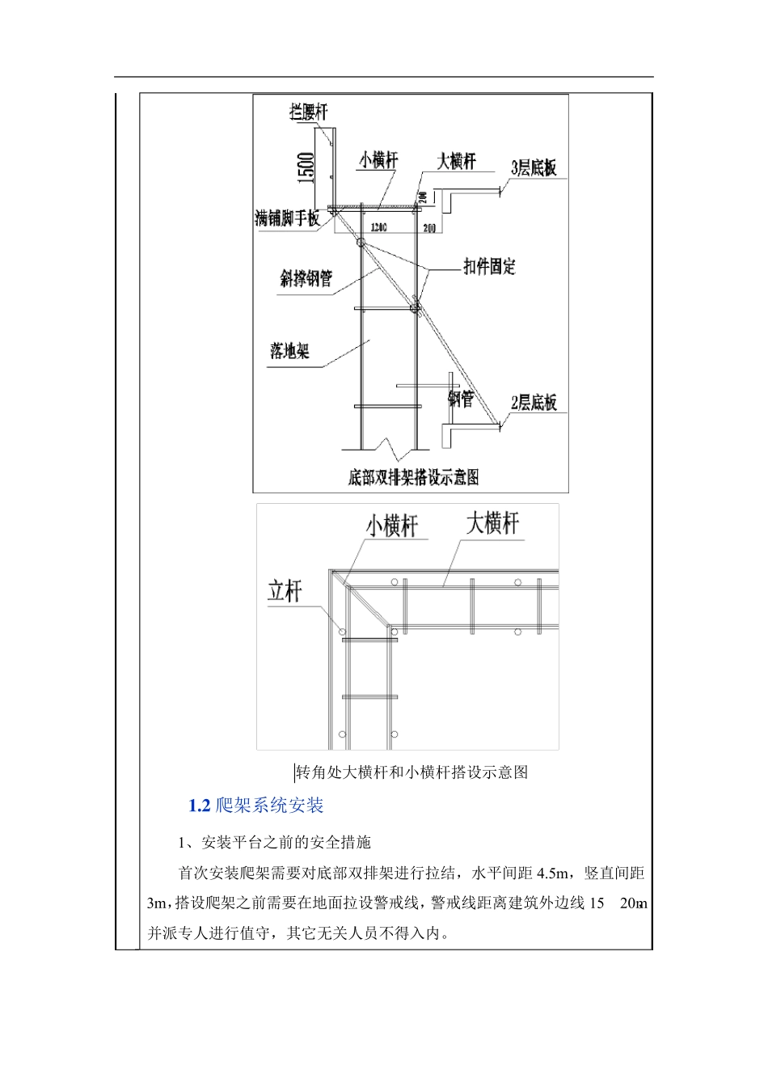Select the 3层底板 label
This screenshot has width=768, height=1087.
[534, 168]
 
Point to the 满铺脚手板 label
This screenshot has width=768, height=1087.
[287, 218]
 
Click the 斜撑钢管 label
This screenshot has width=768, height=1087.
[306, 280]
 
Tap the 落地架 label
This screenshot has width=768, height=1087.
[289, 351]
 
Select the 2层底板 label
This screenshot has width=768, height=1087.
[534, 402]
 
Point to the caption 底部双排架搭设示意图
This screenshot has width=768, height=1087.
[413, 477]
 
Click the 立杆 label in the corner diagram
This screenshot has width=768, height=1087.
[285, 591]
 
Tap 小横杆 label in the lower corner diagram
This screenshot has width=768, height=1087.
[392, 527]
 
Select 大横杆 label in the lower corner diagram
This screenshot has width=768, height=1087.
[492, 523]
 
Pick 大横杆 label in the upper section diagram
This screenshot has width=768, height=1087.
[457, 161]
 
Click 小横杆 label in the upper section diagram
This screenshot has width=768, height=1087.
[378, 161]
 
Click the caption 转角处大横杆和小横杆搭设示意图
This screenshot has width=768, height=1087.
[412, 772]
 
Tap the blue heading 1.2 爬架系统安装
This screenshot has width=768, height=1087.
[256, 806]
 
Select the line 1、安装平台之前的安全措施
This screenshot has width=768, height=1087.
[275, 843]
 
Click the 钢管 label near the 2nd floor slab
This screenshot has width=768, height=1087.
[461, 399]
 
